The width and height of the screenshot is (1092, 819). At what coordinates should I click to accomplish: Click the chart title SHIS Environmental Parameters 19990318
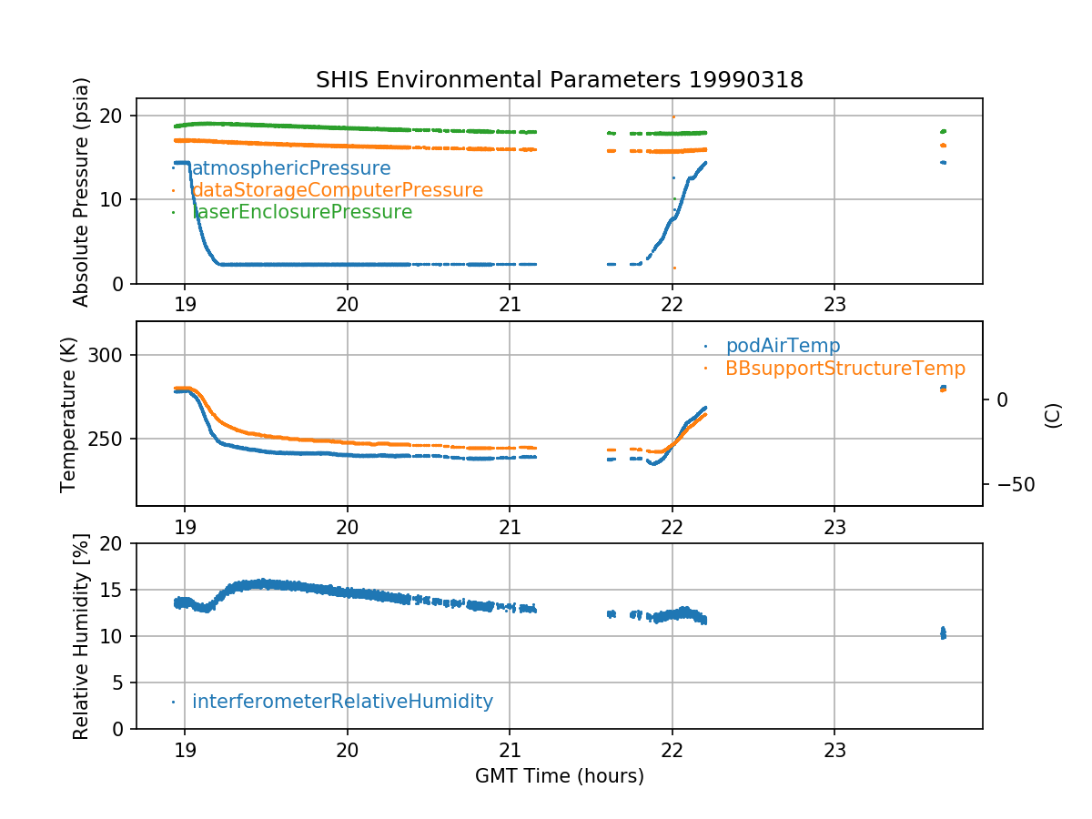[559, 80]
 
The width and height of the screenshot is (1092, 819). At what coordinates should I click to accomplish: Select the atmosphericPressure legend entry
[290, 168]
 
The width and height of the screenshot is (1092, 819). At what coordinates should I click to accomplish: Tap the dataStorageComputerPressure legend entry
[337, 190]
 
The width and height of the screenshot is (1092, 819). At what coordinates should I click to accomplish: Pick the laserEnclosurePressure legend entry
[301, 212]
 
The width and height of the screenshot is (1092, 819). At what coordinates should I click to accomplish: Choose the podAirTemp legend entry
[783, 346]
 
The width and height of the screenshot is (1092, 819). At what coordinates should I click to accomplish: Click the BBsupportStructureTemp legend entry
[844, 369]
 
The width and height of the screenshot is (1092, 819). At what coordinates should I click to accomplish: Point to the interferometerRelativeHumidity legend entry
[342, 702]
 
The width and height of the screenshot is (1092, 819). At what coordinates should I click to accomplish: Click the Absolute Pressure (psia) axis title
[81, 191]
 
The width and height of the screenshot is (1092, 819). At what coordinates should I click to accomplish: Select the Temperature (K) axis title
[69, 413]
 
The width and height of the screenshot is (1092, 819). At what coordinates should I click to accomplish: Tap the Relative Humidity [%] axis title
[81, 636]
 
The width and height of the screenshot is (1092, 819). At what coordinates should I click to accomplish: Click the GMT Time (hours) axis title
[559, 776]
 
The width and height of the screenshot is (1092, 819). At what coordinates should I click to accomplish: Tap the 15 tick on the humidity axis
[116, 590]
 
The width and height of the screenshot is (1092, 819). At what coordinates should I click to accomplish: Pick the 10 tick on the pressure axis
[116, 200]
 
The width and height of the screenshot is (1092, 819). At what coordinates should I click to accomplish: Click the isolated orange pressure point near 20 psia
[673, 116]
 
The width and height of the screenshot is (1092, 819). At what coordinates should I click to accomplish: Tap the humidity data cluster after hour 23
[943, 632]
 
